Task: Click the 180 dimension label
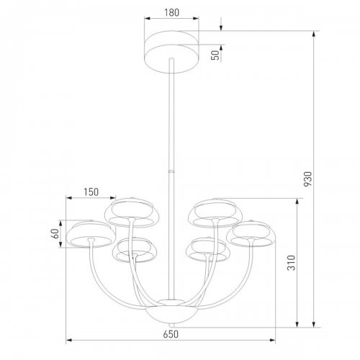(x=171, y=12)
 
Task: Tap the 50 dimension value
(x=215, y=55)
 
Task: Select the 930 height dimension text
(x=307, y=179)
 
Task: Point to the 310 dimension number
(x=291, y=263)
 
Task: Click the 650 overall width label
(x=171, y=334)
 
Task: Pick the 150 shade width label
(x=91, y=192)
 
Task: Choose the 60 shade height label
(x=55, y=233)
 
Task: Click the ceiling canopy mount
(x=171, y=52)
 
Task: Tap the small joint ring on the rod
(x=171, y=171)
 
